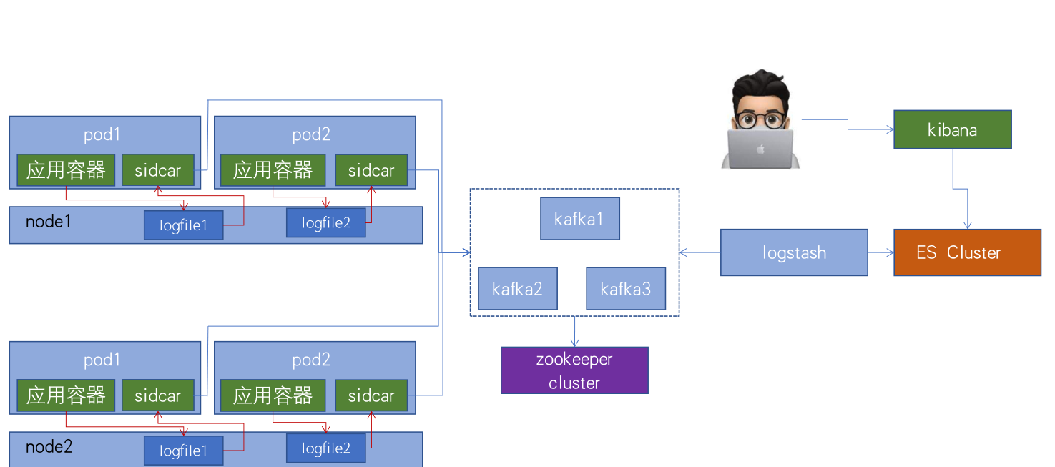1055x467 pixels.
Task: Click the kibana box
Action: point(952,129)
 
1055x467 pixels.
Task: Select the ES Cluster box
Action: point(967,252)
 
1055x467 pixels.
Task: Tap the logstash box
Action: point(794,252)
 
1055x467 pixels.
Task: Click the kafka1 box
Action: point(579,219)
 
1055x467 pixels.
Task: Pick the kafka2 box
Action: point(517,289)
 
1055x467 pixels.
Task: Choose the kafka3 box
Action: point(626,289)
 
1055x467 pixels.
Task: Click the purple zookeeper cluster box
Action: point(574,370)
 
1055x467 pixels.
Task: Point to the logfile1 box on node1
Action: point(183,225)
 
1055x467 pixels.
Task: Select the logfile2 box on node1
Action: point(326,222)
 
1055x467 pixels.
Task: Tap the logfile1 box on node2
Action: point(183,451)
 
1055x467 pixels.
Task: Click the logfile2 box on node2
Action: point(326,448)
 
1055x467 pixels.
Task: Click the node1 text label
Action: point(49,221)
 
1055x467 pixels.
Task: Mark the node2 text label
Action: point(49,447)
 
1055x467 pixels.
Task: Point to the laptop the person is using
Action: point(760,149)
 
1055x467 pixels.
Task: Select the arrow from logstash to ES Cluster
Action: point(881,252)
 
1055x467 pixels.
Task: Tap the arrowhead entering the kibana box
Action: point(890,129)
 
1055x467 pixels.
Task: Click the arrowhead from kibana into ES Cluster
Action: point(967,225)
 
